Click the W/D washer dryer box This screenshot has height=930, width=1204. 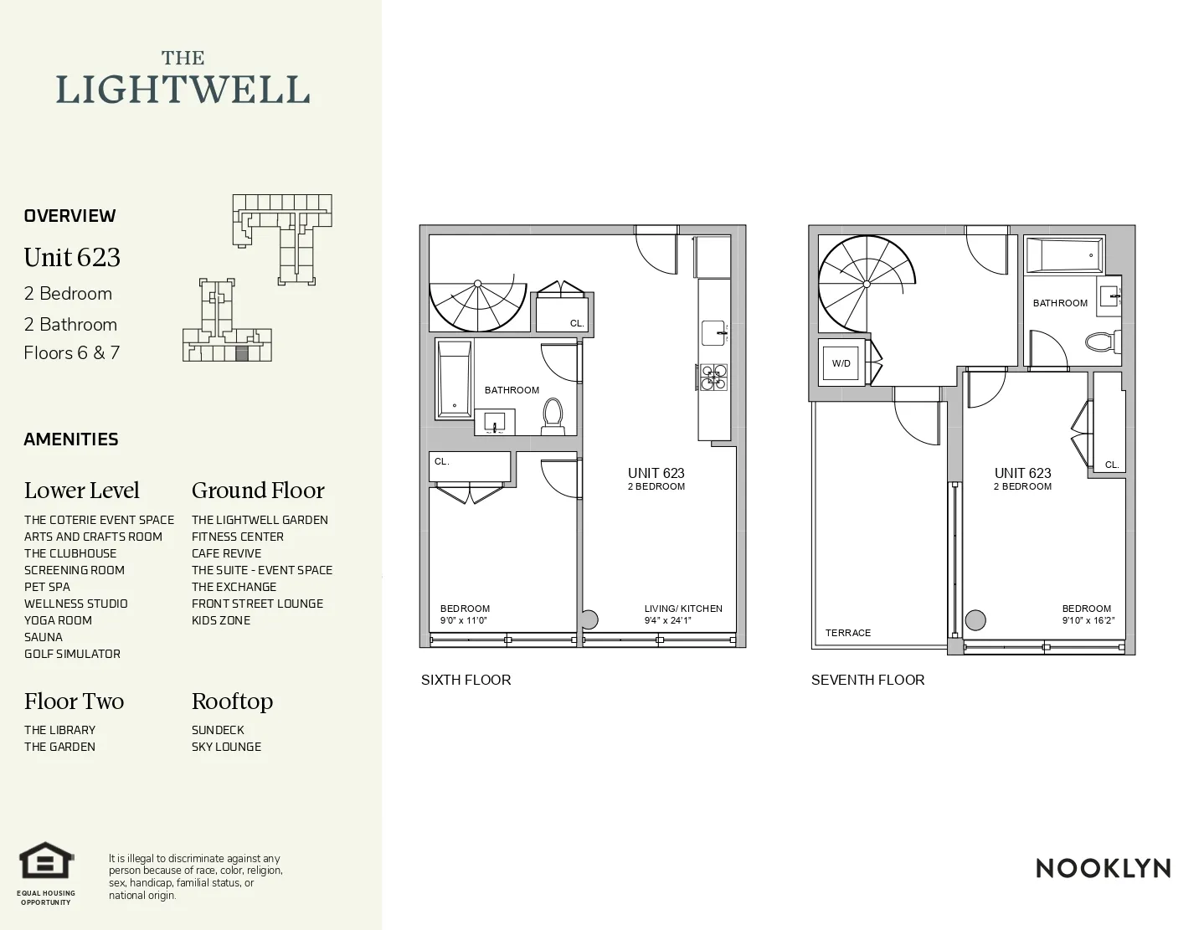tap(841, 363)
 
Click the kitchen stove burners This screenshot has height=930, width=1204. tap(713, 377)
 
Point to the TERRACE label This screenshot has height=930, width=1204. tap(847, 633)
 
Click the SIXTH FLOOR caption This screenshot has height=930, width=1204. tap(466, 680)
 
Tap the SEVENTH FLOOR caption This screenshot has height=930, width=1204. tap(867, 680)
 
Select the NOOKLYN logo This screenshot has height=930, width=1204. tap(1103, 868)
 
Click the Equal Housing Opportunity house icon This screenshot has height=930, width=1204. tap(47, 863)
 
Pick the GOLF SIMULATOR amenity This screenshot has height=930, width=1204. tap(72, 654)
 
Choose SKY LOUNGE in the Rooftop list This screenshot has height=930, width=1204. tap(226, 747)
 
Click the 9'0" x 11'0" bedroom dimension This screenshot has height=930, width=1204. tap(464, 620)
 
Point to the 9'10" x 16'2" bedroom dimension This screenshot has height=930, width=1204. tap(1088, 620)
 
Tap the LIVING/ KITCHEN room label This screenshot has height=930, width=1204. tap(683, 609)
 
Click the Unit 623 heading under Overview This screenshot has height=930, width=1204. tap(72, 258)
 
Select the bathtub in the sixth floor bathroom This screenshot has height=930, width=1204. tap(455, 379)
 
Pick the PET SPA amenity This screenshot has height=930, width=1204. tap(47, 587)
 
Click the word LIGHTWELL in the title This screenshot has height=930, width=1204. tap(183, 90)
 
